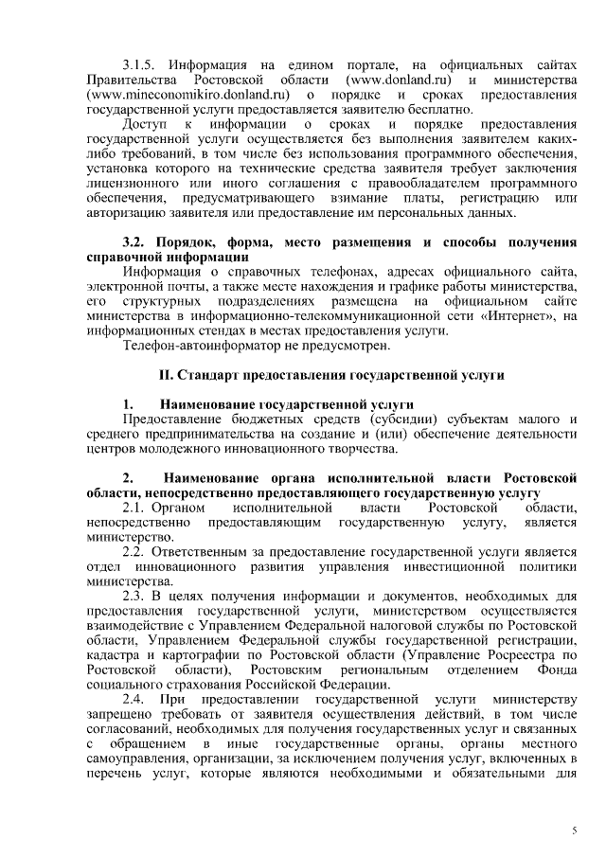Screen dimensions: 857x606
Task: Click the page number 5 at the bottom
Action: [574, 830]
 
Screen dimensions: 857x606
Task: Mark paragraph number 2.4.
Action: [138, 700]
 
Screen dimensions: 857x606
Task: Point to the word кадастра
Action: [112, 655]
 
